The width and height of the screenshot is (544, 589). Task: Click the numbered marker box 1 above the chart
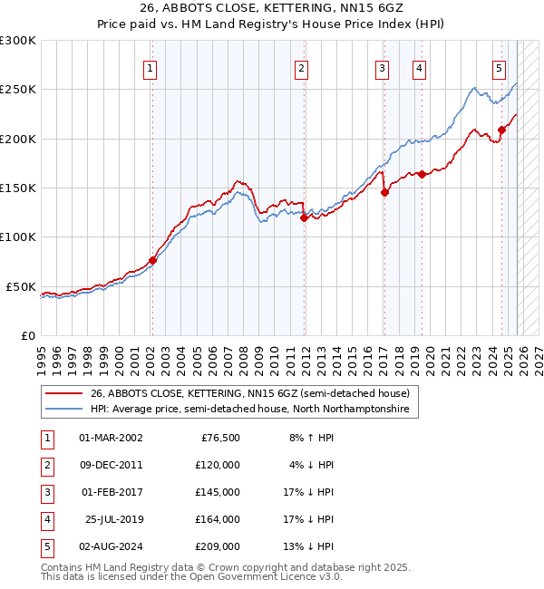tap(151, 67)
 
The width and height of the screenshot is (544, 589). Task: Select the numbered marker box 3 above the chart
tap(383, 67)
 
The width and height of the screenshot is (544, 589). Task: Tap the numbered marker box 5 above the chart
tap(500, 67)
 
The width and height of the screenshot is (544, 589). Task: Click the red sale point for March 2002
tap(152, 260)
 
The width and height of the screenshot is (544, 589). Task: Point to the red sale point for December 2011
tap(304, 217)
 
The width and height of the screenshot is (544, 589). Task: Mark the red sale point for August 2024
tap(501, 130)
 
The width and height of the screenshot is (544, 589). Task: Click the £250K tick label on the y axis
tap(18, 90)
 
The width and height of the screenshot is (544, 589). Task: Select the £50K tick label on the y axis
tap(22, 286)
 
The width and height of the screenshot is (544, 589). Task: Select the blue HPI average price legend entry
tap(249, 410)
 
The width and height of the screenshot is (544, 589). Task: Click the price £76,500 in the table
tap(218, 438)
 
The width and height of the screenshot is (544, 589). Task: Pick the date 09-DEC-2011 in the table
tap(111, 464)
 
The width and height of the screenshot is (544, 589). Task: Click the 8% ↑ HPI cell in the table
tap(309, 438)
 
